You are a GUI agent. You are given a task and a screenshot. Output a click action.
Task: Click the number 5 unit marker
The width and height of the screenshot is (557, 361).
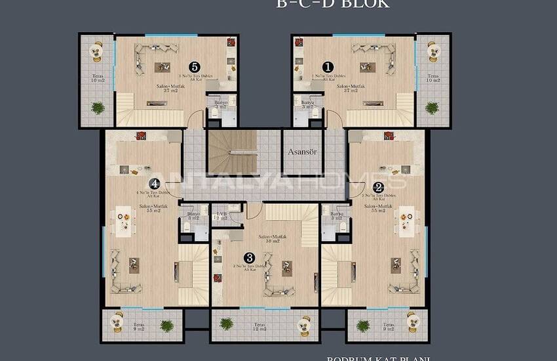pyautogui.click(x=193, y=66)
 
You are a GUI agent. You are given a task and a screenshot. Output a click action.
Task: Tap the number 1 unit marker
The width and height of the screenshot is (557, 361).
pyautogui.click(x=328, y=66)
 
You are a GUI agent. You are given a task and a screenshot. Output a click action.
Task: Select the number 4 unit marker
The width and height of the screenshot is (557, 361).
pyautogui.click(x=154, y=184)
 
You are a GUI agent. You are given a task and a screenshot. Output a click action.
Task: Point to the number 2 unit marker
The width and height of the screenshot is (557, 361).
pyautogui.click(x=378, y=186)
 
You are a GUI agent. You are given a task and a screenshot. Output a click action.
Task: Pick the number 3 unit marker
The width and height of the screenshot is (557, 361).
pyautogui.click(x=248, y=258)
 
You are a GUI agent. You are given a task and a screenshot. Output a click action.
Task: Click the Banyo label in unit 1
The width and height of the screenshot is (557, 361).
pyautogui.click(x=308, y=104)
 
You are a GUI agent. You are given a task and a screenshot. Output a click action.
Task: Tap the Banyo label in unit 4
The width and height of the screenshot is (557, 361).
pyautogui.click(x=193, y=215)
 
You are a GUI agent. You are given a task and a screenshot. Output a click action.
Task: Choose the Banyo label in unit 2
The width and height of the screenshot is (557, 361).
pyautogui.click(x=337, y=215)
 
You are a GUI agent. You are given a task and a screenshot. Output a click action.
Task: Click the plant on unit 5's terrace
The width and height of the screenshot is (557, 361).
pyautogui.click(x=98, y=108)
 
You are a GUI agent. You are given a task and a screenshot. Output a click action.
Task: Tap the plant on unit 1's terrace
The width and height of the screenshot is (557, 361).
pyautogui.click(x=432, y=108)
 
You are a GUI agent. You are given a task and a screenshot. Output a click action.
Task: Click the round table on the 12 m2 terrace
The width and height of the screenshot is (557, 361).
pyautogui.click(x=304, y=324)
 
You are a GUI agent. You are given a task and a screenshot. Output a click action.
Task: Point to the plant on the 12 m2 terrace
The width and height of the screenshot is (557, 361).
pyautogui.click(x=227, y=324)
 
